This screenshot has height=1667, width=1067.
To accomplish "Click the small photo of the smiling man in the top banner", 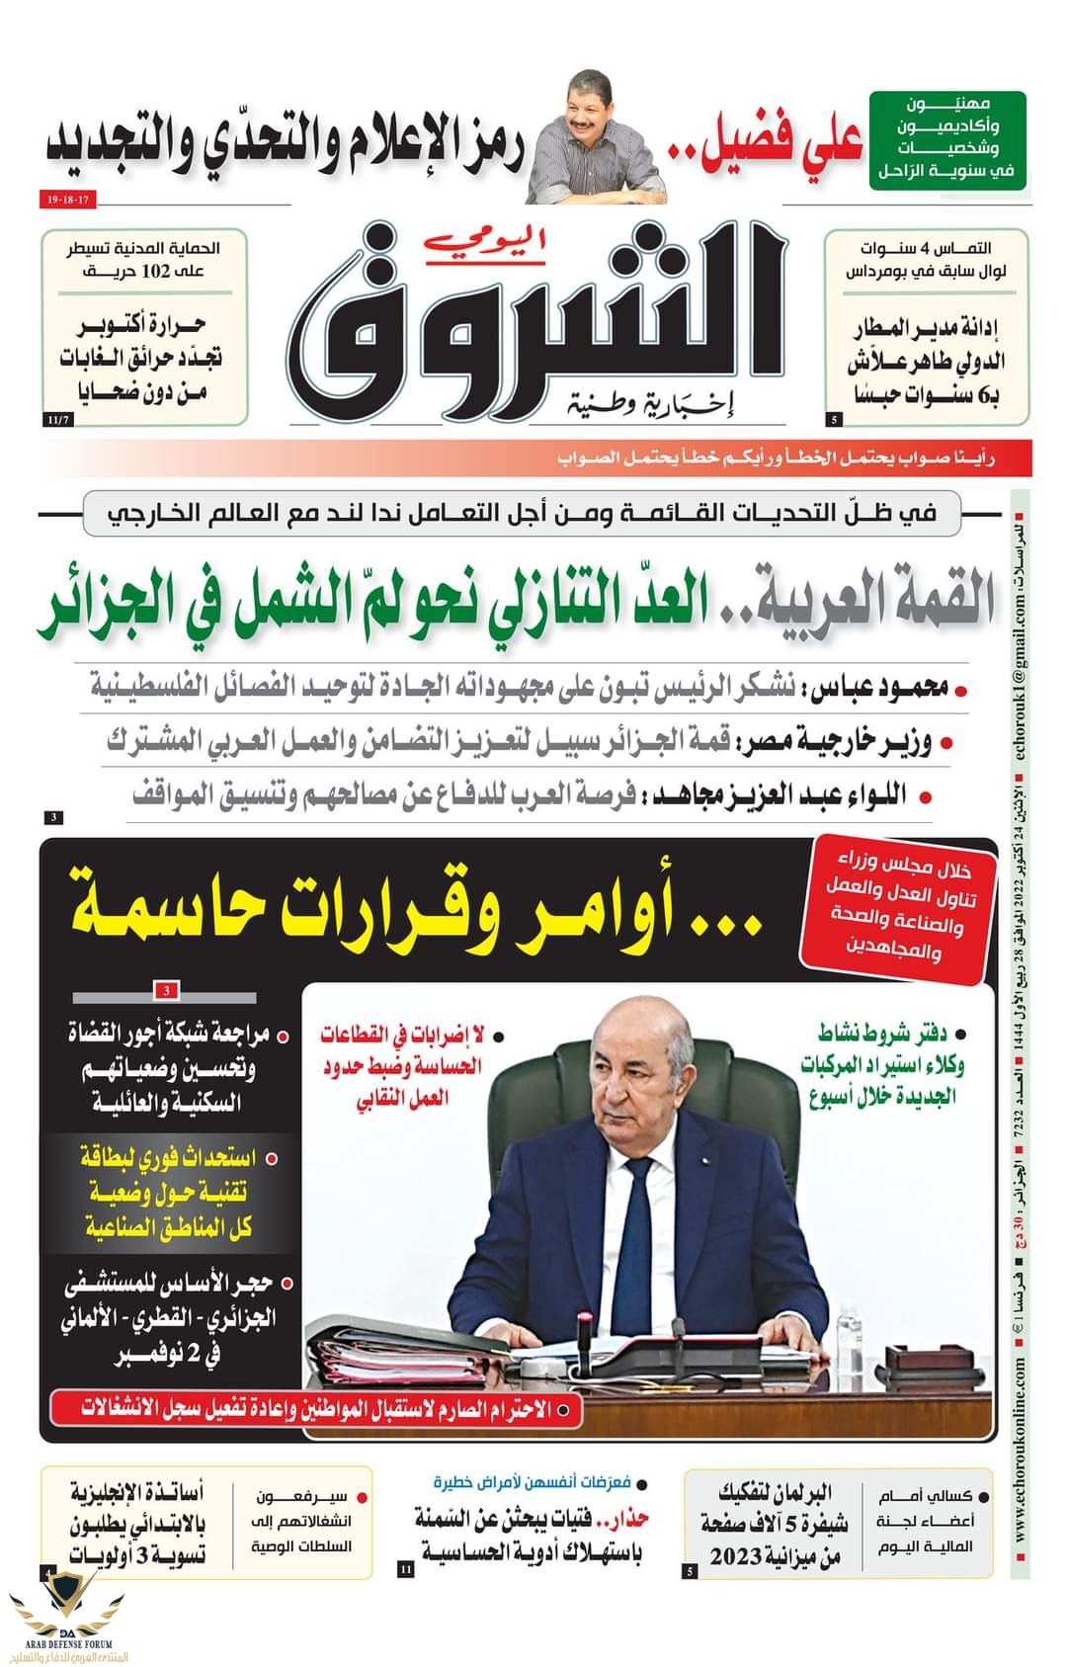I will point(594,138).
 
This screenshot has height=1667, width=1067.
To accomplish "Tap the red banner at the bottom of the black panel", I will point(316,1410).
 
